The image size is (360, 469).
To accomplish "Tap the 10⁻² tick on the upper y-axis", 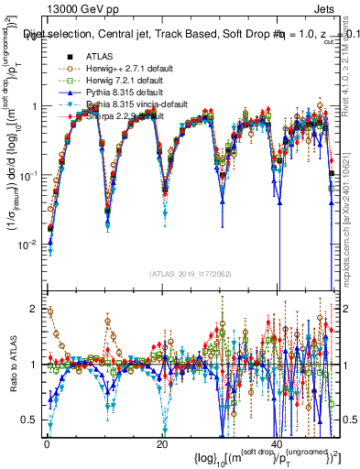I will (27, 245).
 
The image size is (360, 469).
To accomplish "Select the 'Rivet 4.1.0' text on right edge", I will (353, 50).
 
